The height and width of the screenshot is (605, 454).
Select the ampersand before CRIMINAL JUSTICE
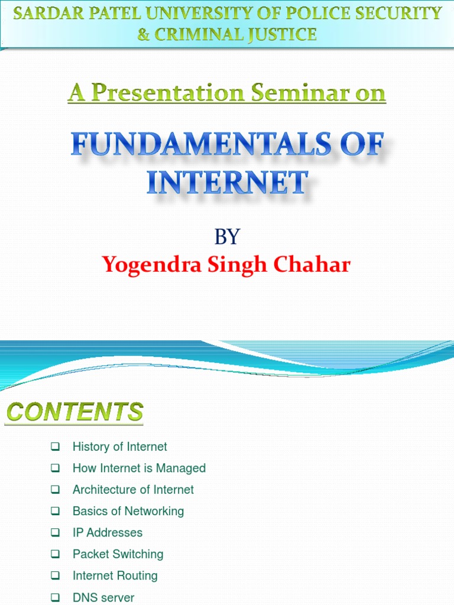[144, 34]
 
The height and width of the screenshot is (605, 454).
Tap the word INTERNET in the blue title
[228, 182]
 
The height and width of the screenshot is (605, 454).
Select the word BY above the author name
[227, 237]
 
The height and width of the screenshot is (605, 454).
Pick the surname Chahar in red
[316, 265]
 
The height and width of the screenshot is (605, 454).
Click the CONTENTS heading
[74, 412]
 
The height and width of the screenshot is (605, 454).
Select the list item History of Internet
[119, 447]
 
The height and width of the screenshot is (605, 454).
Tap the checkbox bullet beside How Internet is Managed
[56, 468]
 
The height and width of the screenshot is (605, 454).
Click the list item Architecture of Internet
[133, 489]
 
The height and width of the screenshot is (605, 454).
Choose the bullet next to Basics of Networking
[56, 510]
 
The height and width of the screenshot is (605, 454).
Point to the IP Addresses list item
[107, 532]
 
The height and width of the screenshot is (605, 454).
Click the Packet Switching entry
[118, 554]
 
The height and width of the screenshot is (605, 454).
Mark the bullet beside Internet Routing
[56, 575]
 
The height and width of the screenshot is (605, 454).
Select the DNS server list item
[103, 597]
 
